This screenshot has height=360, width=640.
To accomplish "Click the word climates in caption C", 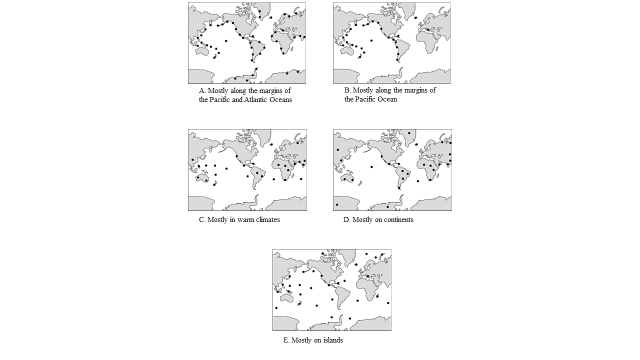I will (x=267, y=219).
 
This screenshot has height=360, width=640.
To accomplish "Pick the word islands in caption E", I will (x=332, y=340).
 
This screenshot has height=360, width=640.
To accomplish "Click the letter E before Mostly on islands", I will (x=286, y=340).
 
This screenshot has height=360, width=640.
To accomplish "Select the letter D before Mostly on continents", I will (x=346, y=219).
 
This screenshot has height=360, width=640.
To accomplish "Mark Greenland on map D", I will (x=409, y=136).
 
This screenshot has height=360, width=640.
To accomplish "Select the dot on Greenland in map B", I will (x=415, y=18).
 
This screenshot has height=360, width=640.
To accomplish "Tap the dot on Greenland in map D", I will (x=409, y=133).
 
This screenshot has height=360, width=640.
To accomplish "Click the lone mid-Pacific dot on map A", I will (x=226, y=40).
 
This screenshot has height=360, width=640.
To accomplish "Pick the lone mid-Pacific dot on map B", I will (x=371, y=40).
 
